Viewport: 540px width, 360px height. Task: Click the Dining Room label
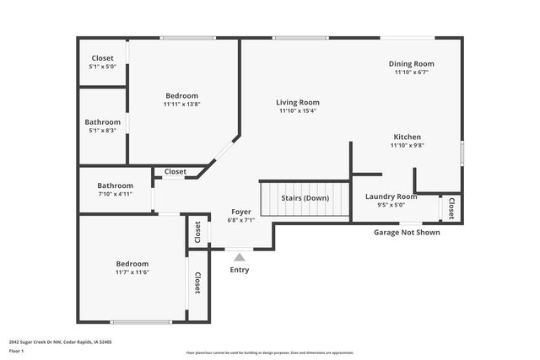pyautogui.click(x=411, y=63)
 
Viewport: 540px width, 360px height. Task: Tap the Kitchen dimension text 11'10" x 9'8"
pyautogui.click(x=407, y=145)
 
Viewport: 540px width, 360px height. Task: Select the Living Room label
pyautogui.click(x=298, y=102)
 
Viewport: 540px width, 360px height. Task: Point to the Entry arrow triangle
pyautogui.click(x=240, y=257)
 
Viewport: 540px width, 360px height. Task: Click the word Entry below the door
pyautogui.click(x=240, y=270)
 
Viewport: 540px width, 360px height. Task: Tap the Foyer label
pyautogui.click(x=240, y=212)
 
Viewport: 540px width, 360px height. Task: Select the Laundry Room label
pyautogui.click(x=391, y=196)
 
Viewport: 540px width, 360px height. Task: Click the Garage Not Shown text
pyautogui.click(x=407, y=232)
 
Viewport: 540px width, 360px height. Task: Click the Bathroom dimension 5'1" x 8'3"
pyautogui.click(x=102, y=130)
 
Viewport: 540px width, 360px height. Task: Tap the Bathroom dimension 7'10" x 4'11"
pyautogui.click(x=115, y=194)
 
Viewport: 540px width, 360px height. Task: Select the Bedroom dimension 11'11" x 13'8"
pyautogui.click(x=181, y=105)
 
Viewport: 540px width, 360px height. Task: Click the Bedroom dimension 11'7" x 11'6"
pyautogui.click(x=132, y=272)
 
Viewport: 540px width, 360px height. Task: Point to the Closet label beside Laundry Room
pyautogui.click(x=451, y=207)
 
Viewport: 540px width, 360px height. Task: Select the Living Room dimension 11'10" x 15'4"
pyautogui.click(x=298, y=110)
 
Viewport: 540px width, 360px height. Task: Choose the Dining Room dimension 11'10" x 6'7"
pyautogui.click(x=411, y=72)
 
